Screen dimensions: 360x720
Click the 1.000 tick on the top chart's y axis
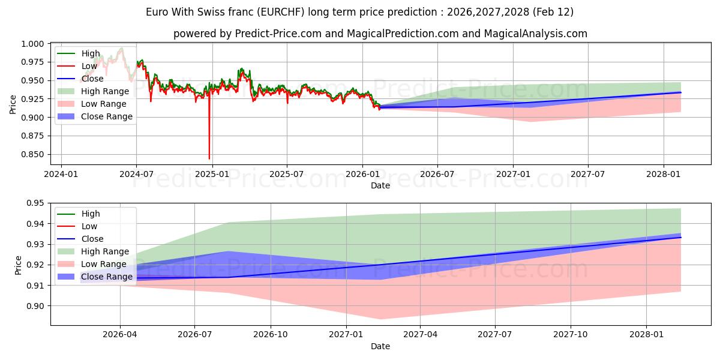click(x=32, y=44)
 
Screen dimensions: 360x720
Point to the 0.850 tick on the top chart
click(x=32, y=154)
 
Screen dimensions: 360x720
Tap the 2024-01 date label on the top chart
click(x=61, y=174)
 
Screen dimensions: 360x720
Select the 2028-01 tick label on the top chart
click(x=664, y=174)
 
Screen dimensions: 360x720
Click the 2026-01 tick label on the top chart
click(x=362, y=174)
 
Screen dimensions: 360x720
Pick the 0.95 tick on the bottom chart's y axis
click(x=36, y=203)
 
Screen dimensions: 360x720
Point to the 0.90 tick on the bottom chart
click(x=36, y=306)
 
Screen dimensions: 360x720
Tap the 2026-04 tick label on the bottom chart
click(x=120, y=334)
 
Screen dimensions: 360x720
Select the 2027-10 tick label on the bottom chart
click(x=571, y=334)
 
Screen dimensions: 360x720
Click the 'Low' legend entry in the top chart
click(x=89, y=66)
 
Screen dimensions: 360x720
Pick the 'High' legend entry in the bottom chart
click(x=91, y=214)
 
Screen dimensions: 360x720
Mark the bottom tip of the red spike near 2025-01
click(x=209, y=159)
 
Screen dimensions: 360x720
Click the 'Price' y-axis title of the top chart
click(x=13, y=103)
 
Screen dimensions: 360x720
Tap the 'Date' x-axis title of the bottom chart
click(x=380, y=346)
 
